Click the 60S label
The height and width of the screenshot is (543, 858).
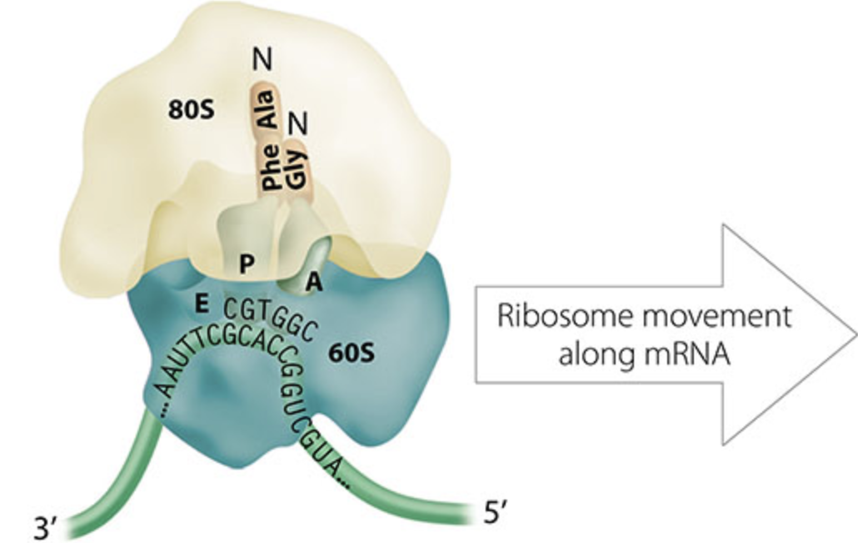(352, 352)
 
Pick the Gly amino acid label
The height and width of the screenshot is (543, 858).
(296, 168)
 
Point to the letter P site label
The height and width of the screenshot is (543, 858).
(247, 264)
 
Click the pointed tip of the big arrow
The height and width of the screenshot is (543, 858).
(853, 334)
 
